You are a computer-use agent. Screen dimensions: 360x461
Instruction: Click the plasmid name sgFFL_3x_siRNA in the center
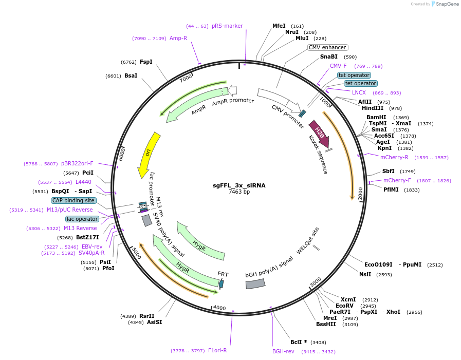click(x=239, y=185)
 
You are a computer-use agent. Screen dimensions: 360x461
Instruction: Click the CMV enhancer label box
click(x=327, y=47)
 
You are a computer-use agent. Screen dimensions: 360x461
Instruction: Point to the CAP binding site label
click(x=73, y=200)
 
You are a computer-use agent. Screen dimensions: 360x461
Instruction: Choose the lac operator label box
click(x=82, y=219)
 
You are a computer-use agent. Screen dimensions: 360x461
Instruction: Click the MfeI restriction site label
click(x=279, y=26)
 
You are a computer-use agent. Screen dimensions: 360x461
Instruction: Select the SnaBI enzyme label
click(x=329, y=56)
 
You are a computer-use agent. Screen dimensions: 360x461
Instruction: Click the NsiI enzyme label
click(x=365, y=274)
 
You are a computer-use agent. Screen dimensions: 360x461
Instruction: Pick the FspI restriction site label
click(x=146, y=62)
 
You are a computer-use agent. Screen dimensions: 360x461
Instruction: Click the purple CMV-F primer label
click(x=338, y=66)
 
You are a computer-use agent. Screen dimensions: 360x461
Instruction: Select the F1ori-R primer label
click(x=217, y=350)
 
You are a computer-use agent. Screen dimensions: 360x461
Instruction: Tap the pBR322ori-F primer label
click(x=77, y=163)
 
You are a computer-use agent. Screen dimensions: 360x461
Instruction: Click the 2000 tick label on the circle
click(x=360, y=193)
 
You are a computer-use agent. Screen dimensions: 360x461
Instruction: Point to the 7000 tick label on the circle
click(x=186, y=79)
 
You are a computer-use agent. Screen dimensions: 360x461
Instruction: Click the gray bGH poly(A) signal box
click(x=255, y=283)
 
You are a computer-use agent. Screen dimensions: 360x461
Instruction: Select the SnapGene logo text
click(x=445, y=4)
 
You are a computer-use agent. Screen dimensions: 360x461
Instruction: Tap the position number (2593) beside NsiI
click(x=384, y=275)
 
